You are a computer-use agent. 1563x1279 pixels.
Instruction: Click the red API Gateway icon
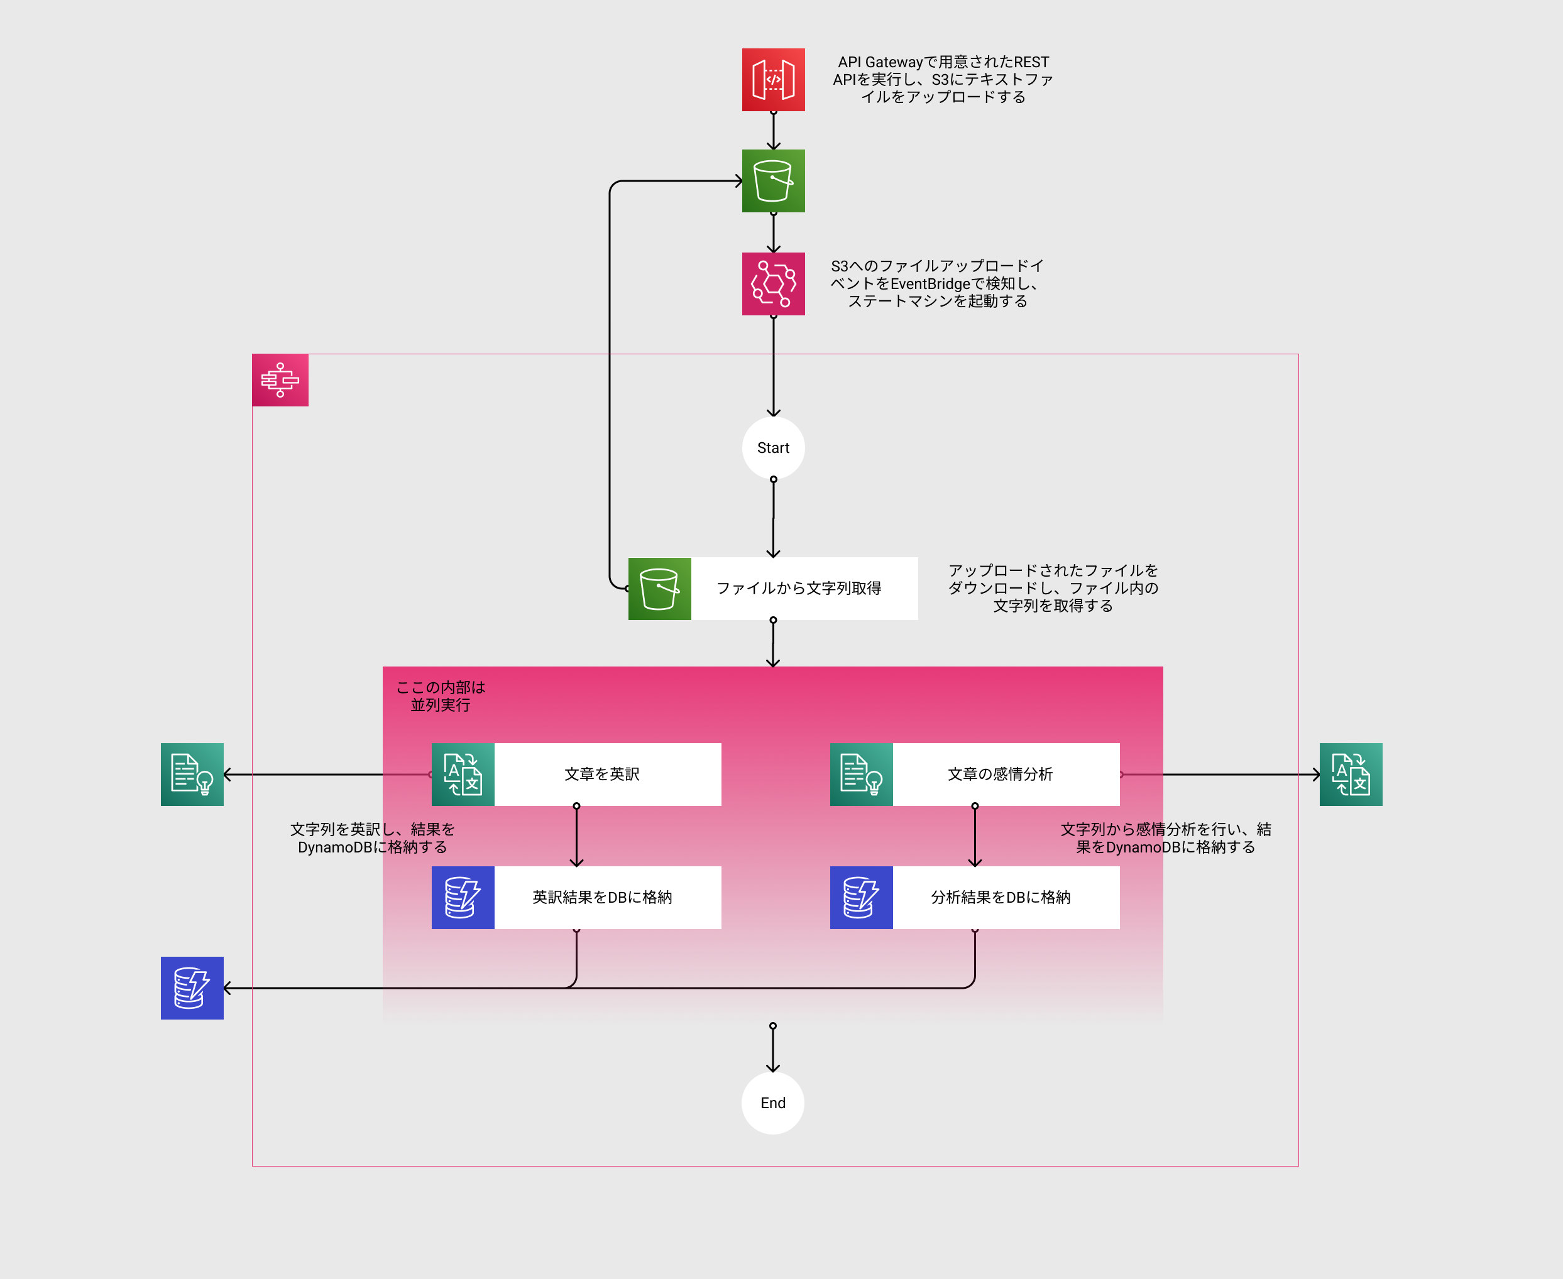tap(773, 80)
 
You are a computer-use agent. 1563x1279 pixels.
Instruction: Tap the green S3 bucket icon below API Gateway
tap(773, 180)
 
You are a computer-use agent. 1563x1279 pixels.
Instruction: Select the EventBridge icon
tap(773, 284)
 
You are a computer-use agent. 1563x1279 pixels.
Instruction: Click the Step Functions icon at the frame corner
tap(280, 380)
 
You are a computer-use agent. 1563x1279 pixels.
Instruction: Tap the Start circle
tap(773, 448)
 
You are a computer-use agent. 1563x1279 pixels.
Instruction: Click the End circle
tap(772, 1103)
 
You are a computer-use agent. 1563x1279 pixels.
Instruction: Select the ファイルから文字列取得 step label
tap(799, 589)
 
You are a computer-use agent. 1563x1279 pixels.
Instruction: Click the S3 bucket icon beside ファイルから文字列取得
tap(659, 589)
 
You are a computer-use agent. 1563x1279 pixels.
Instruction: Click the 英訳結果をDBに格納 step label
tap(602, 897)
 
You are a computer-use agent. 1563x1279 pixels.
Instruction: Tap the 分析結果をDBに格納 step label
tap(1000, 897)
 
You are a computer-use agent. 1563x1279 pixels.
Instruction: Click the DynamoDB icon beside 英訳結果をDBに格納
tap(463, 897)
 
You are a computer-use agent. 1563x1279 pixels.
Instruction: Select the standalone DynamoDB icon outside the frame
tap(192, 988)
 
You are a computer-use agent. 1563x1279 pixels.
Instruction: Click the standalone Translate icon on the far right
tap(1351, 775)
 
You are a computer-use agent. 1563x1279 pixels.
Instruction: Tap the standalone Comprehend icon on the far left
tap(192, 775)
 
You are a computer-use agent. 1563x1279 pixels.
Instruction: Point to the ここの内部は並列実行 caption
tap(441, 696)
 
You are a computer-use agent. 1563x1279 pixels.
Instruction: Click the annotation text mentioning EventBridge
tap(937, 284)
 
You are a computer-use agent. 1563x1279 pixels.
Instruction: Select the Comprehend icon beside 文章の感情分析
tap(862, 775)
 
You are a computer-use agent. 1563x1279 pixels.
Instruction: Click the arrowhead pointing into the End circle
tap(772, 1067)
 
